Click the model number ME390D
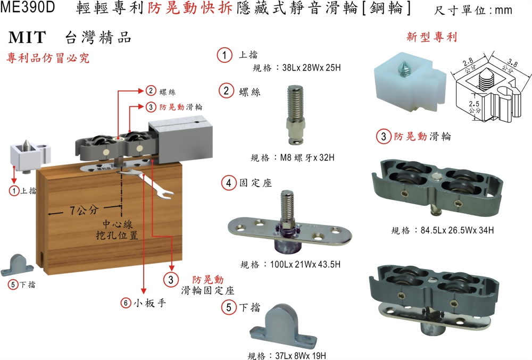tap(28, 7)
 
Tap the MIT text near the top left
tap(27, 37)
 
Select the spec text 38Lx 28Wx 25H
tap(311, 68)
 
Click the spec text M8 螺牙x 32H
tap(307, 157)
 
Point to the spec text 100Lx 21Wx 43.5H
tap(305, 264)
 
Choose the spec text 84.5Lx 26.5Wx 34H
tap(457, 230)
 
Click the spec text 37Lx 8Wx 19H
tap(301, 356)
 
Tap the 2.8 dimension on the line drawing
tap(468, 62)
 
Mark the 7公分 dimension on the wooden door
tap(84, 210)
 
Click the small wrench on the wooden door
tap(146, 183)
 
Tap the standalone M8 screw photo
tap(295, 115)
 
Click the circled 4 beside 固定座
tap(229, 183)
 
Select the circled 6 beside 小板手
tap(126, 303)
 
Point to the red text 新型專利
tap(432, 37)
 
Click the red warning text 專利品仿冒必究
tap(48, 58)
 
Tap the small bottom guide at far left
tap(18, 265)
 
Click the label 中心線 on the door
tap(118, 224)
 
